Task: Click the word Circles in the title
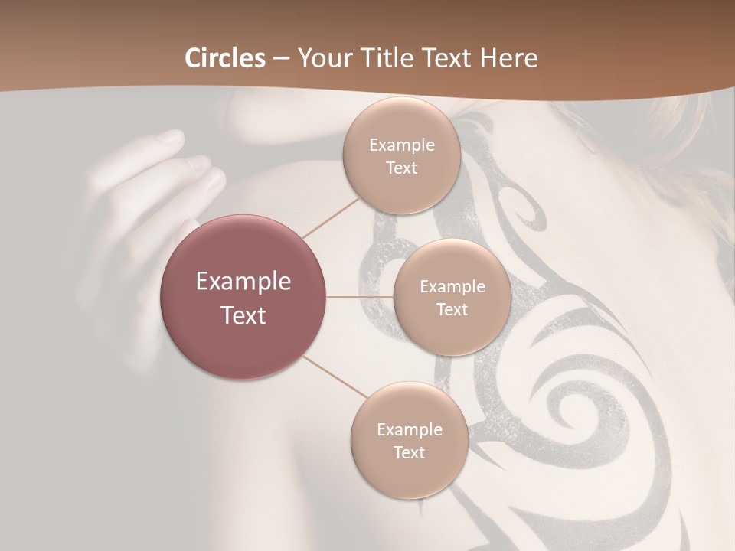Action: (225, 58)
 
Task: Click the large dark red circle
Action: (243, 297)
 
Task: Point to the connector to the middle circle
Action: (359, 297)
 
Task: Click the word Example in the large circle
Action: (243, 282)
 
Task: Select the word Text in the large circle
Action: (243, 315)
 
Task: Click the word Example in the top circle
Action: (401, 145)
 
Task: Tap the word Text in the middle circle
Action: (452, 310)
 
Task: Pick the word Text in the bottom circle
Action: (409, 452)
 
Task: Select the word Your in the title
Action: (322, 58)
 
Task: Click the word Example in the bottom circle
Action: (409, 430)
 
